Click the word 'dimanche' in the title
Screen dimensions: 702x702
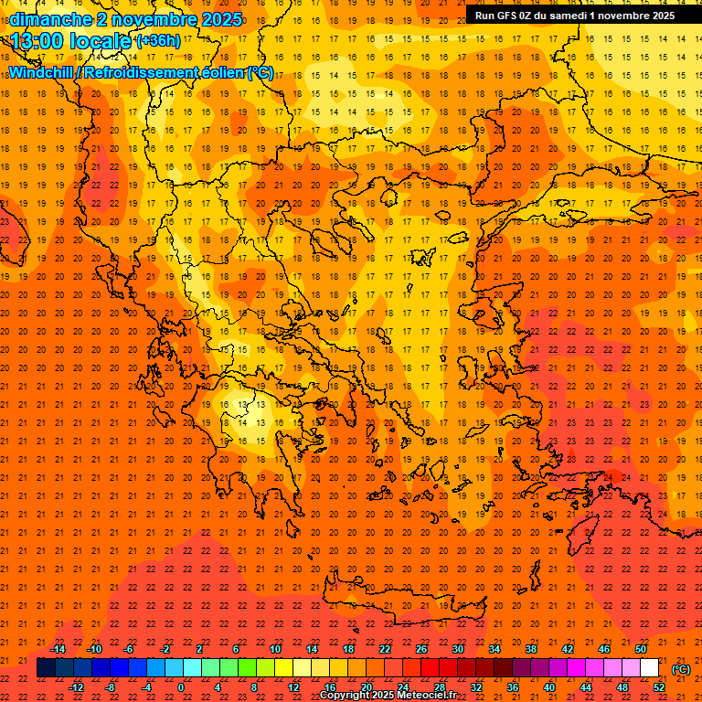[50, 19]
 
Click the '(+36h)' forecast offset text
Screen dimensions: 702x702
[158, 41]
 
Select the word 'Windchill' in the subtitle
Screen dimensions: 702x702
[42, 72]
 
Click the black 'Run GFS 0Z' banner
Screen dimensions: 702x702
[575, 16]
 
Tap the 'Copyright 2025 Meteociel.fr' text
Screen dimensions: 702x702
[388, 696]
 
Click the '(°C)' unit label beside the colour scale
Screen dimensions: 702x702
[681, 669]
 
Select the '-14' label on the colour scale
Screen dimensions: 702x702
[58, 649]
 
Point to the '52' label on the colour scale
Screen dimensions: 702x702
[659, 687]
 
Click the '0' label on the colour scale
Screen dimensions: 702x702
[181, 687]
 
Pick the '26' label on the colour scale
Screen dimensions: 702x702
[421, 649]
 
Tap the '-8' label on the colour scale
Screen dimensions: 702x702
[111, 687]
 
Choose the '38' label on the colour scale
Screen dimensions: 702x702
[531, 649]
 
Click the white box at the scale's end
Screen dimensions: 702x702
[650, 668]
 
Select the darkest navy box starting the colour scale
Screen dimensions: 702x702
[46, 668]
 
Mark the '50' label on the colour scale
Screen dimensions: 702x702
[641, 649]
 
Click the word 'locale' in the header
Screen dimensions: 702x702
[101, 41]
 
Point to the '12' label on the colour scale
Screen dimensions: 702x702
[293, 687]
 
